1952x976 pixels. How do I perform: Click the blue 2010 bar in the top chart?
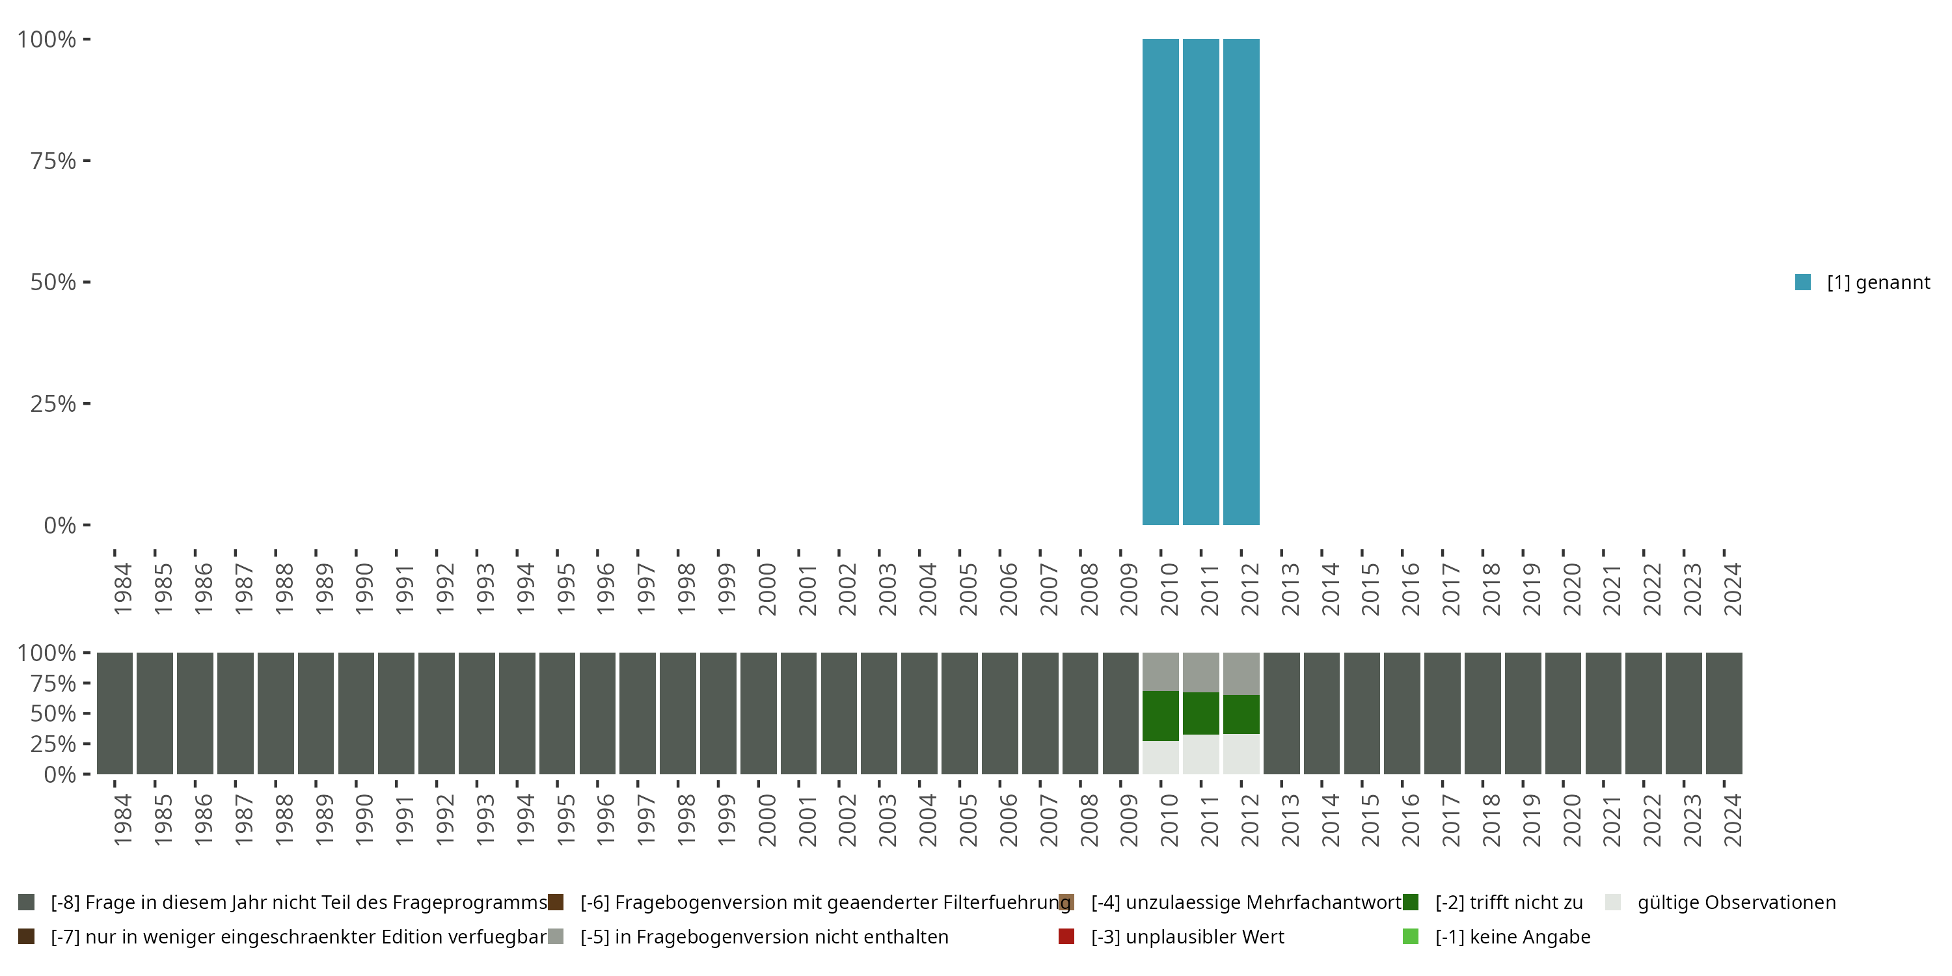(x=1160, y=282)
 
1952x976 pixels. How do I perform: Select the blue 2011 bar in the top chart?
(x=1200, y=282)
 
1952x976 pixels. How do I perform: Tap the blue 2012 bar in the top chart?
(x=1240, y=282)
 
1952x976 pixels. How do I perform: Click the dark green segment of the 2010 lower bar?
(x=1160, y=715)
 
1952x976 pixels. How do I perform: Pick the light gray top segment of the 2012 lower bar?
(x=1240, y=673)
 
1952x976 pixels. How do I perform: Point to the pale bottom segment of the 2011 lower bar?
(x=1200, y=754)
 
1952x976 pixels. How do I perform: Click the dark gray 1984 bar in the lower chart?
(x=115, y=713)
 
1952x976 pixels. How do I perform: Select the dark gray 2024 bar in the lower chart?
(x=1723, y=713)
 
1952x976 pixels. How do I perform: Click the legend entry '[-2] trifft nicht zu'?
(x=1508, y=902)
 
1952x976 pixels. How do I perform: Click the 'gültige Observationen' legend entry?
(x=1736, y=902)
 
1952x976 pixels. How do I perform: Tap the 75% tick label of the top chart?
(x=53, y=161)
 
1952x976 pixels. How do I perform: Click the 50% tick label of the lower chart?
(x=53, y=714)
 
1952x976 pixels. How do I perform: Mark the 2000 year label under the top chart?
(x=767, y=589)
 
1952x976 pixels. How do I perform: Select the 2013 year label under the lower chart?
(x=1290, y=820)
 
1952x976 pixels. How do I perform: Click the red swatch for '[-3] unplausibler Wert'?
(x=1066, y=936)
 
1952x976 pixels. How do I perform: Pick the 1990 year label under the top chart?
(x=364, y=589)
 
